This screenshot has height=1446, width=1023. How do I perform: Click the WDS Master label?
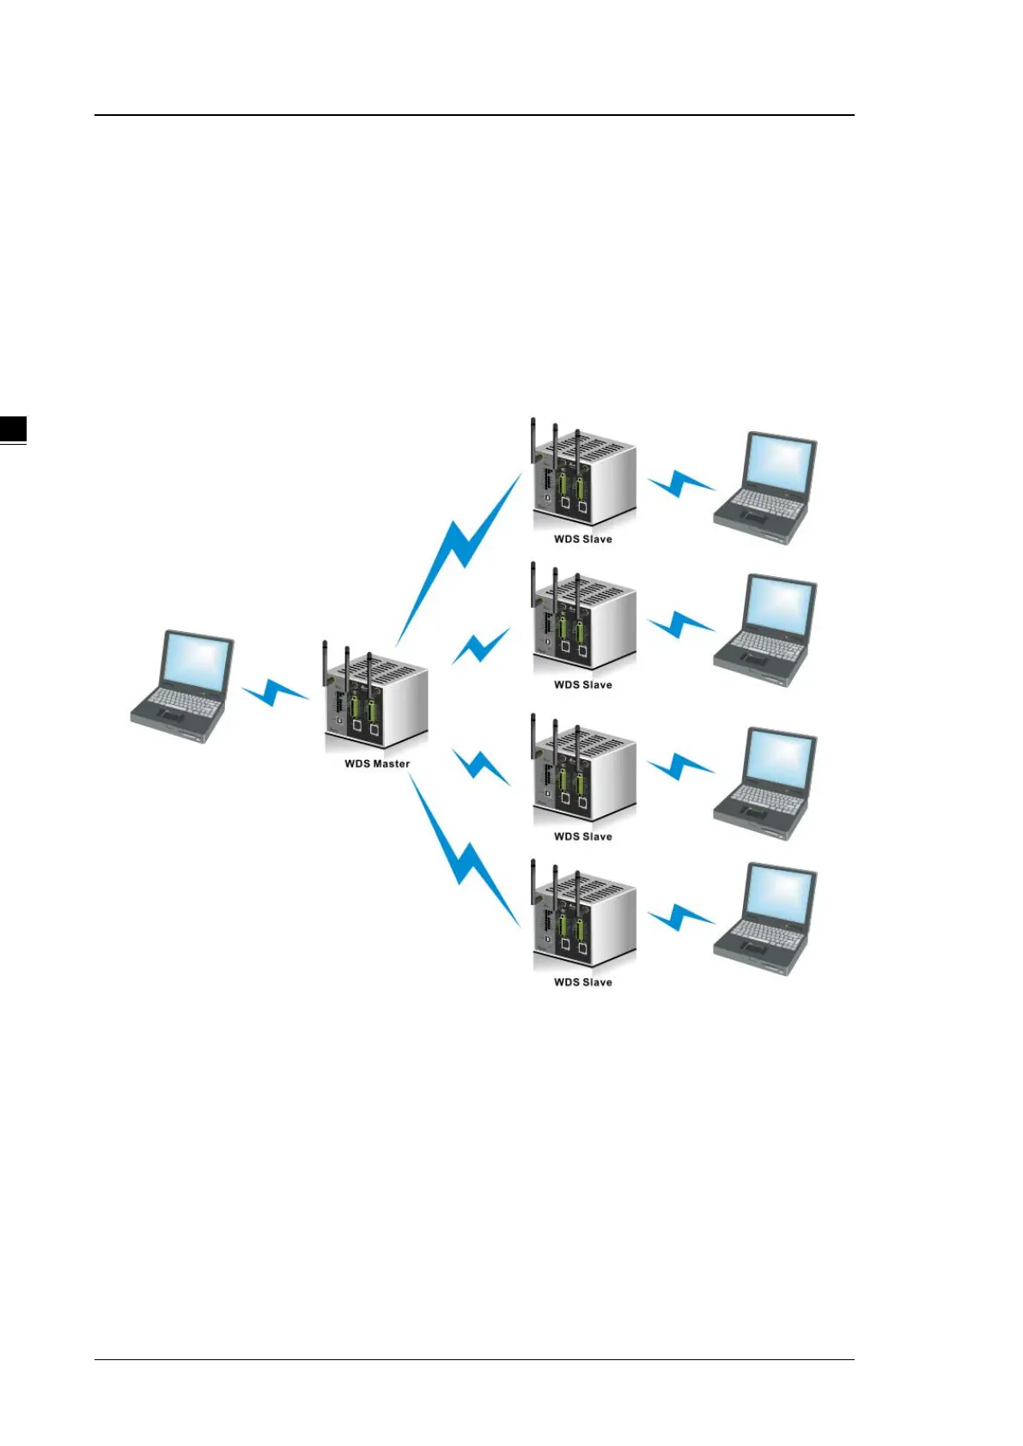pyautogui.click(x=377, y=763)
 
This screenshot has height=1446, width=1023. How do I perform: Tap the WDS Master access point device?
pyautogui.click(x=376, y=699)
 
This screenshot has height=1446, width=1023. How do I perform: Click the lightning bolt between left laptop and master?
pyautogui.click(x=275, y=691)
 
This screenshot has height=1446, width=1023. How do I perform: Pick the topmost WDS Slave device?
pyautogui.click(x=584, y=477)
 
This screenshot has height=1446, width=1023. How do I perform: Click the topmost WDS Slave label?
pyautogui.click(x=583, y=539)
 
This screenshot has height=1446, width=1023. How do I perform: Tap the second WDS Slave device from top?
pyautogui.click(x=584, y=623)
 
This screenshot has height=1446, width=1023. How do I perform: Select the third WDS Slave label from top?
pyautogui.click(x=583, y=836)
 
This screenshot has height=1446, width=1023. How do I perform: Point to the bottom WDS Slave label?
pyautogui.click(x=583, y=982)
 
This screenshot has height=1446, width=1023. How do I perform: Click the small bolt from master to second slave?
pyautogui.click(x=481, y=646)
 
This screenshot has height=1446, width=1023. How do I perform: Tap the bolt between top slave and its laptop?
pyautogui.click(x=680, y=483)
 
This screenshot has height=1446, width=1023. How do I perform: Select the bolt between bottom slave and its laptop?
pyautogui.click(x=680, y=917)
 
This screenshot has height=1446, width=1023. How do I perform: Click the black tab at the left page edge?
pyautogui.click(x=13, y=428)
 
